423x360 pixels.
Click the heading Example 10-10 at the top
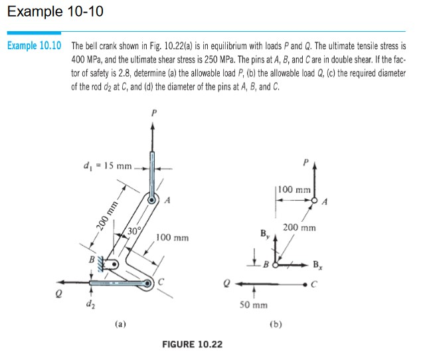click(x=52, y=11)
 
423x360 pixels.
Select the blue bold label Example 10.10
click(x=34, y=46)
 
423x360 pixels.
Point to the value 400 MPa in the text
click(x=88, y=60)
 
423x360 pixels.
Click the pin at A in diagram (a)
click(x=152, y=199)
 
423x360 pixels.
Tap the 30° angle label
click(x=133, y=231)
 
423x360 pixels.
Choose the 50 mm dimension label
click(x=254, y=306)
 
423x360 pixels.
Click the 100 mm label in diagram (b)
click(x=295, y=189)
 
